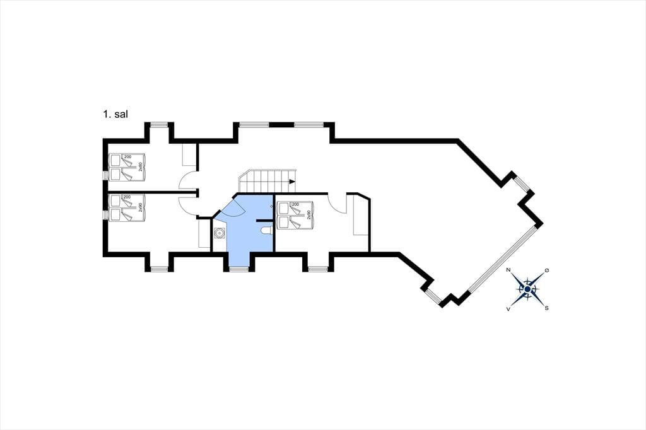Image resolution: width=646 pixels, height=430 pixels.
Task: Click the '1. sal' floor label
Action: pos(115,115)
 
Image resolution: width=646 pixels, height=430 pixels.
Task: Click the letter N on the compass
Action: pos(508,270)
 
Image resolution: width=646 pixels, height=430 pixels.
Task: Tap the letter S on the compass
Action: pos(546,308)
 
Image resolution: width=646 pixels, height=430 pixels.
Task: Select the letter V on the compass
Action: pos(508,309)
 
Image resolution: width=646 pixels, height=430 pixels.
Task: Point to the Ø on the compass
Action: pos(546,270)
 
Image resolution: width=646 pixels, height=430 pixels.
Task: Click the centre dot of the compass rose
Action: pos(527,289)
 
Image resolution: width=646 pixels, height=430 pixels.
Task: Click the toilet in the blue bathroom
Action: pos(266,231)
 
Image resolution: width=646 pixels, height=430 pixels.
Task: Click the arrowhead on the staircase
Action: pos(292,182)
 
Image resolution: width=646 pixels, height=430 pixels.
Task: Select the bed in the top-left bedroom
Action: pos(126,167)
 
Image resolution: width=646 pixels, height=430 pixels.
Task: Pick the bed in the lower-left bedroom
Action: pos(126,207)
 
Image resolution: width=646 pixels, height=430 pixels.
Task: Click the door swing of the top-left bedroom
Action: pos(187,181)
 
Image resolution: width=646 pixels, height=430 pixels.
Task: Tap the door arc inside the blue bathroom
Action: pos(232,207)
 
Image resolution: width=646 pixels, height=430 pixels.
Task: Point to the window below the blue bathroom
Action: pos(238,269)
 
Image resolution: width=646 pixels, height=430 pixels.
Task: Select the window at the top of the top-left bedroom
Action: pos(160,125)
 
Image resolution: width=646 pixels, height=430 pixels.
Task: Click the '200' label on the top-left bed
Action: pos(127,156)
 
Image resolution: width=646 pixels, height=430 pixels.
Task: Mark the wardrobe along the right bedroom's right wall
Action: pos(360,216)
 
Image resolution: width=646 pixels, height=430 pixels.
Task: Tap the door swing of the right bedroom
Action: pos(337,204)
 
